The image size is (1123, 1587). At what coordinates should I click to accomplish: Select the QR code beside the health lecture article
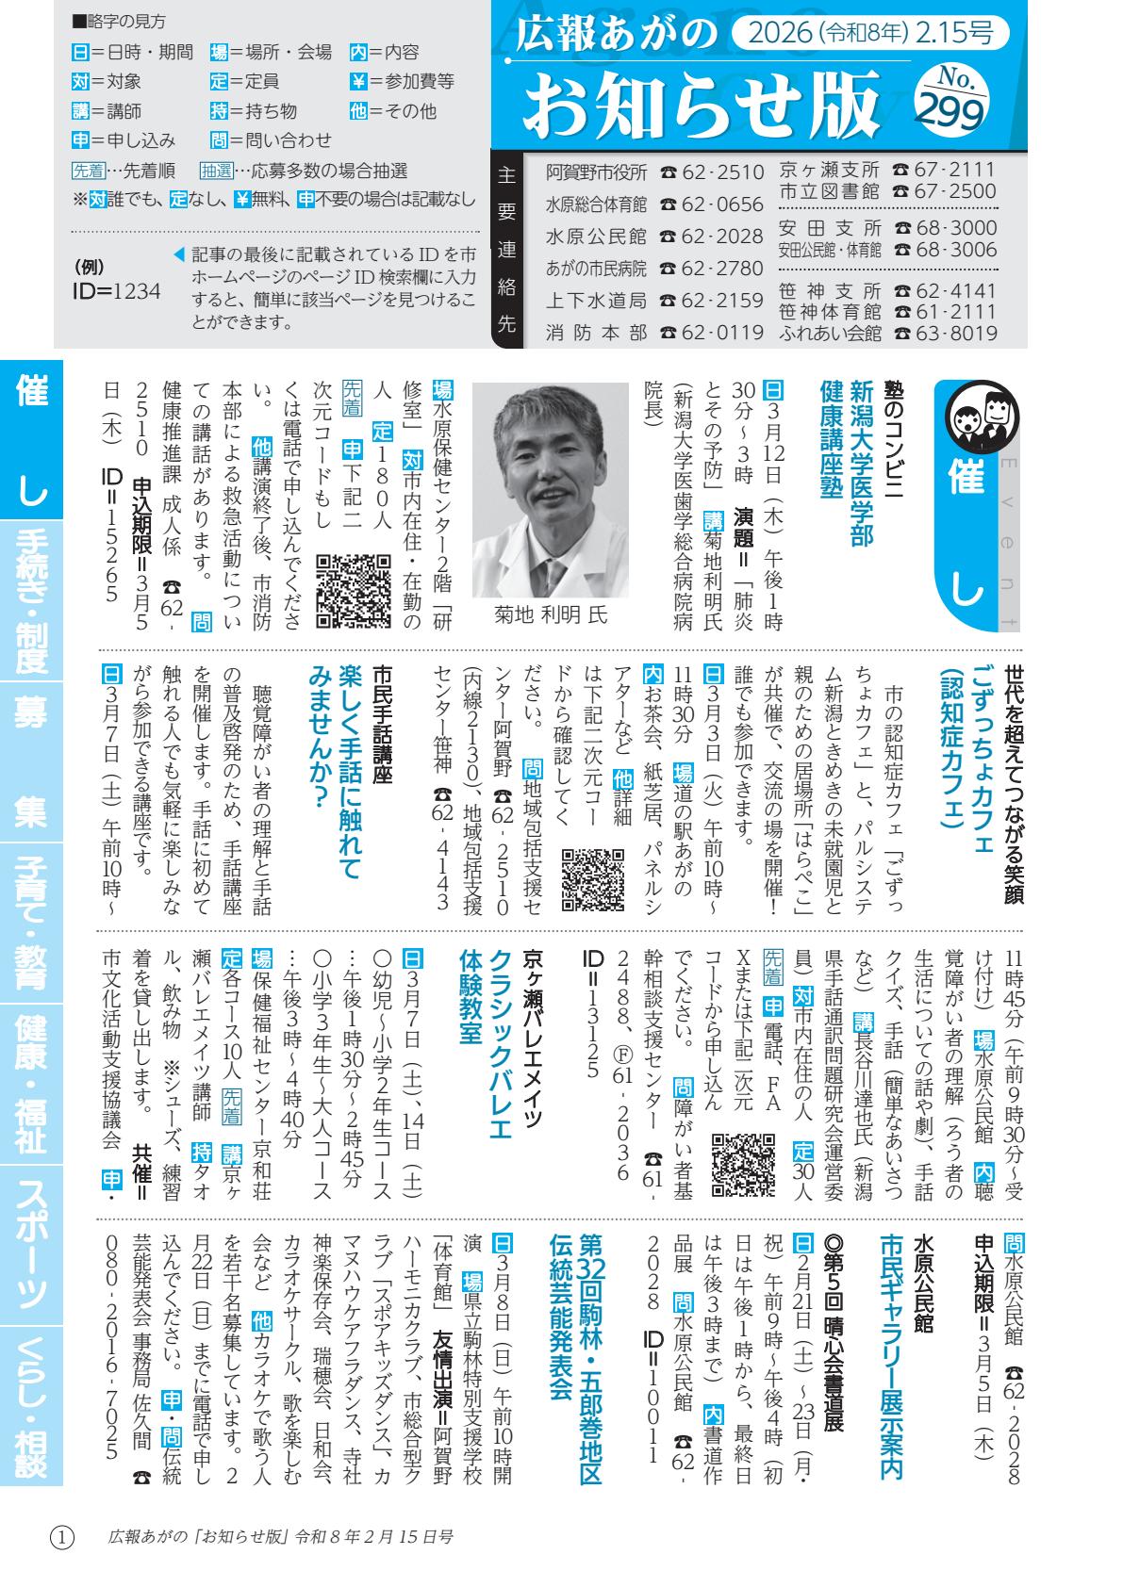[353, 590]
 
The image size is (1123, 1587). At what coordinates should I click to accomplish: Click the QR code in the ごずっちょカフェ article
[592, 878]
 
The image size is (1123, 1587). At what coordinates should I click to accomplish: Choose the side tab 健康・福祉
[31, 1084]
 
